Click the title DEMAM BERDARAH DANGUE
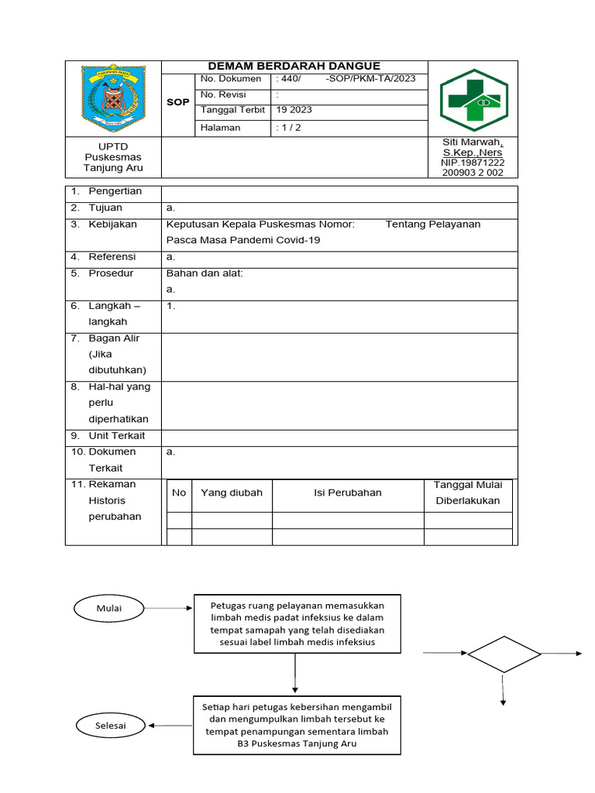(294, 67)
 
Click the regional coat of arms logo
(113, 98)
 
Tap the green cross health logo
(473, 100)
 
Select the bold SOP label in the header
(177, 102)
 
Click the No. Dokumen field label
(230, 79)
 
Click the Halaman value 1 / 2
(288, 128)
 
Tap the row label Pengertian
(113, 191)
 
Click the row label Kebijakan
(112, 224)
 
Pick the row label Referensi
(112, 256)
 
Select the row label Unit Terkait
(116, 435)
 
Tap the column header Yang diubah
(232, 493)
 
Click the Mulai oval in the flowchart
(109, 608)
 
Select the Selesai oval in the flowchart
(110, 726)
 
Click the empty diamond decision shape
(504, 654)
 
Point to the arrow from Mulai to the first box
(167, 608)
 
